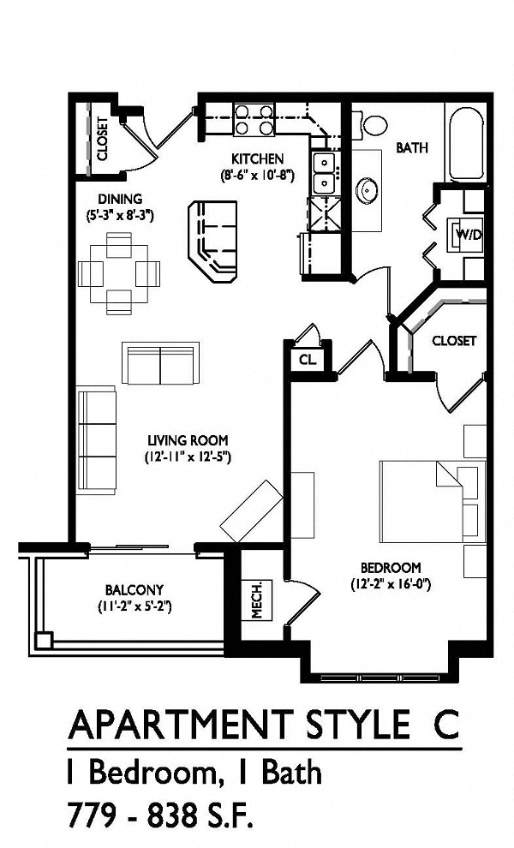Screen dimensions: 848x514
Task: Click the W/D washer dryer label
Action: (x=467, y=234)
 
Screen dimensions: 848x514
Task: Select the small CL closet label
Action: (x=307, y=361)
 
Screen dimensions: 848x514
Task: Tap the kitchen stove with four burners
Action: (x=254, y=119)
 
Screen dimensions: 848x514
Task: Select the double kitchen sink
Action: (x=325, y=173)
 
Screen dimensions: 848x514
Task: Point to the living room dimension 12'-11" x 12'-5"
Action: (x=188, y=457)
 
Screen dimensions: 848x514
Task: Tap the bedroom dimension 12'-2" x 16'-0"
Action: (x=390, y=585)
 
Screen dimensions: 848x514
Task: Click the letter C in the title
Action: (x=439, y=725)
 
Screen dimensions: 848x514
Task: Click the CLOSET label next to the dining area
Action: (x=103, y=139)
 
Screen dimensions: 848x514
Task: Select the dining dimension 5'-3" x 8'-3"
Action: (x=120, y=216)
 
